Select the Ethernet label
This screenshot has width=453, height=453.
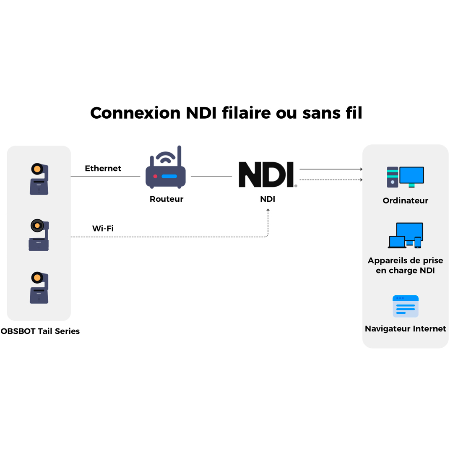coord(103,169)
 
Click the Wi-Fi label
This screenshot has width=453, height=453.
coord(103,229)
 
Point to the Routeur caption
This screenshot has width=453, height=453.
coord(167,199)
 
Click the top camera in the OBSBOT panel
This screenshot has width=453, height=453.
coord(39,179)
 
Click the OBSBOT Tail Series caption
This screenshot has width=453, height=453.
coord(40,331)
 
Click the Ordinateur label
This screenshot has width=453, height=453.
coord(405,201)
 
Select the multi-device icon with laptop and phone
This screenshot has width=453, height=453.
coord(405,235)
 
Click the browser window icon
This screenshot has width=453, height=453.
coord(405,306)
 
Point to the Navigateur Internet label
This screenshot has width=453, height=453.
coord(405,329)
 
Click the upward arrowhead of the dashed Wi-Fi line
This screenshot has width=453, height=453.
coord(268,210)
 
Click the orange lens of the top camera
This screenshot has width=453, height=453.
coord(37,169)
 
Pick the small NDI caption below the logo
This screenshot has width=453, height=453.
coord(268,199)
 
